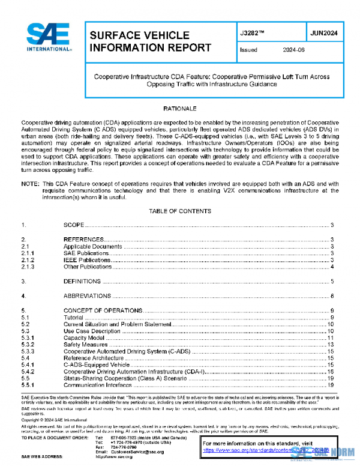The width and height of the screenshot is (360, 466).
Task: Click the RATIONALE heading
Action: pyautogui.click(x=180, y=109)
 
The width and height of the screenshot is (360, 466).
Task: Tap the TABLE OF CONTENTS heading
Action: pyautogui.click(x=180, y=211)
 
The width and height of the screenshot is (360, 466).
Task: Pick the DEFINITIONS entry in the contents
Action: pyautogui.click(x=82, y=281)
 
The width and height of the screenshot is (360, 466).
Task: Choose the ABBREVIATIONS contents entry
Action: pyautogui.click(x=86, y=296)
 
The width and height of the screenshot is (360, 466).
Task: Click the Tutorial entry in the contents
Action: pyautogui.click(x=74, y=317)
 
